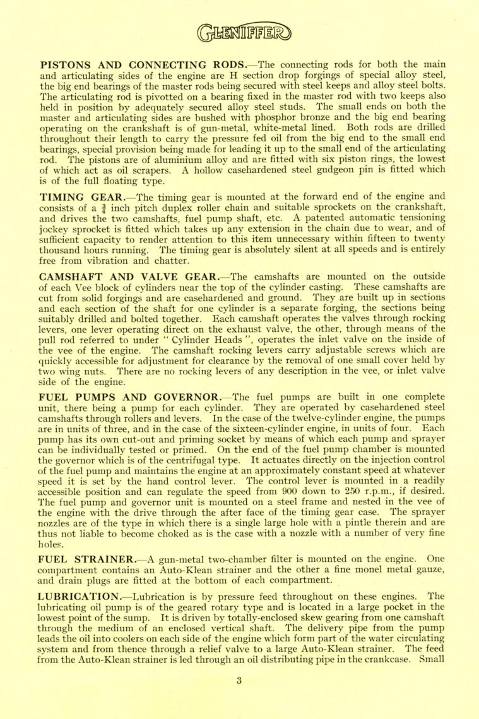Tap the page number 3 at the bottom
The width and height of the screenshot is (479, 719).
pyautogui.click(x=239, y=680)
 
